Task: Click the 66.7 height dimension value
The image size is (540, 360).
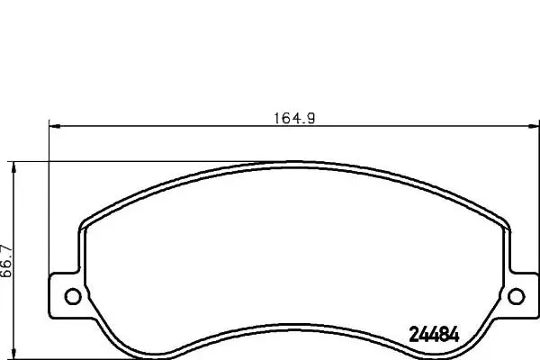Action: (x=6, y=261)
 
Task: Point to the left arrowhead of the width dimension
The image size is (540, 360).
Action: (x=52, y=126)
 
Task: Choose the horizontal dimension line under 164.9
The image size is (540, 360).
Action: (x=180, y=126)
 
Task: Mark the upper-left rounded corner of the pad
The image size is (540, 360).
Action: (x=86, y=222)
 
